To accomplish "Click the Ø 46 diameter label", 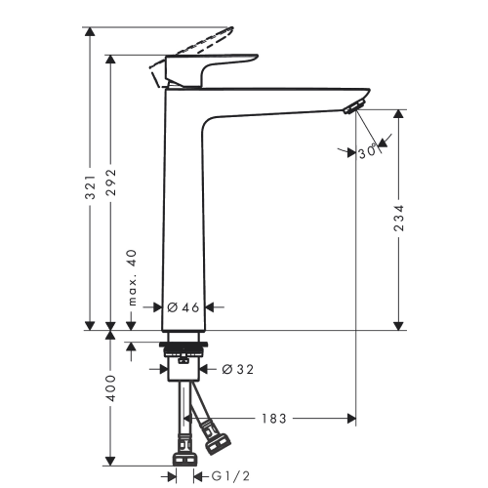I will pyautogui.click(x=183, y=306).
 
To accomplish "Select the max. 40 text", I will pyautogui.click(x=134, y=276).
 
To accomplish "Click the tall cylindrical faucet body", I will pyautogui.click(x=182, y=215).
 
